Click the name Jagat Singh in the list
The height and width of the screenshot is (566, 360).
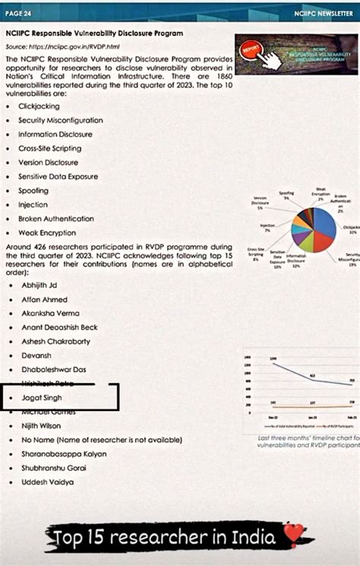click(x=42, y=397)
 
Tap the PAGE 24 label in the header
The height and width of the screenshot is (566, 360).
click(x=18, y=14)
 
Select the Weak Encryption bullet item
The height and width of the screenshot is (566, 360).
click(x=47, y=232)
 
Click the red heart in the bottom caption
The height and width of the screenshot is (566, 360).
click(x=292, y=536)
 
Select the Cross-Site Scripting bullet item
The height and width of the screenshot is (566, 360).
click(x=51, y=148)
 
